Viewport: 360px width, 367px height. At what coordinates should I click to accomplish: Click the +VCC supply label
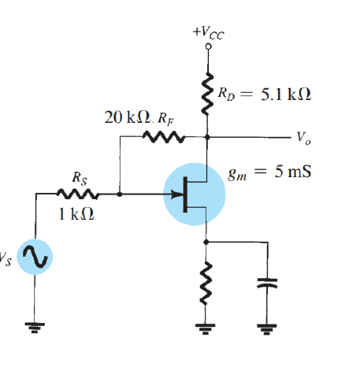coord(208,32)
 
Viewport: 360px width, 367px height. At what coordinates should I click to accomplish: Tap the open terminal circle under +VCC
coord(208,46)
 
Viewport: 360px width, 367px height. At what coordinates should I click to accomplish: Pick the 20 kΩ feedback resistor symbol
coord(162,138)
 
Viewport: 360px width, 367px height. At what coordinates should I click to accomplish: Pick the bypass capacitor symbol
coord(270,284)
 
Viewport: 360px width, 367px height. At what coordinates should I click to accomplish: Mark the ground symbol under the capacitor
coord(270,324)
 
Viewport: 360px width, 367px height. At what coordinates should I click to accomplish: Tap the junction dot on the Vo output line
coord(208,138)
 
